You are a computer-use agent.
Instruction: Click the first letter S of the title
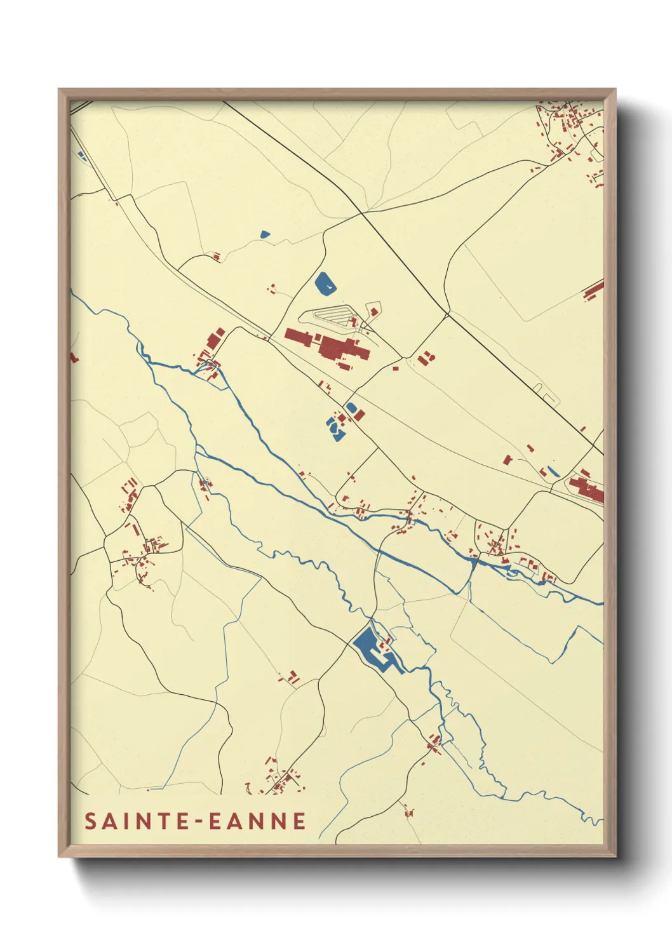pos(90,821)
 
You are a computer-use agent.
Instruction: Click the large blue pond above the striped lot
pos(325,283)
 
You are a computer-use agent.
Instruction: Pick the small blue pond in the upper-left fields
pos(265,234)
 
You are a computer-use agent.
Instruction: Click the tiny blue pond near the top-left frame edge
pos(81,154)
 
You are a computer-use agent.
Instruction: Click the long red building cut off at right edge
pos(594,292)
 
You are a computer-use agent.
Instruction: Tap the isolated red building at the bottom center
pos(408,811)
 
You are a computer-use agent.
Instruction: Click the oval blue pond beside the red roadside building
pos(351,407)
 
